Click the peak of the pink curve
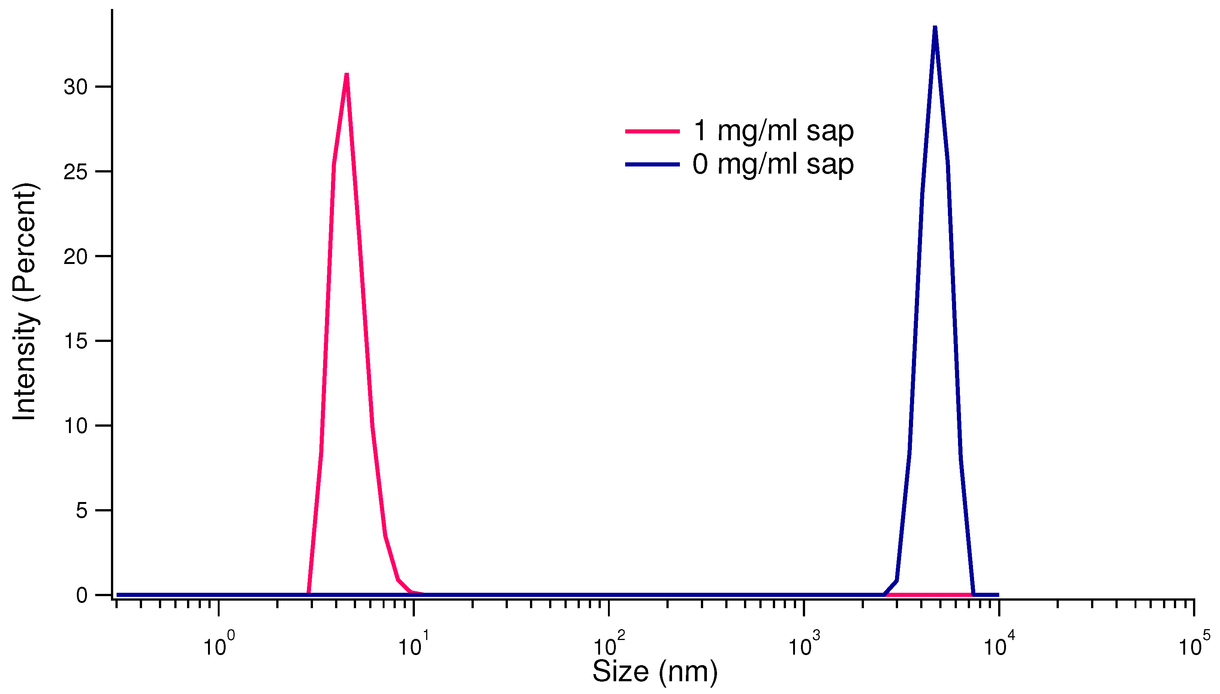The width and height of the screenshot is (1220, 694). pos(347,75)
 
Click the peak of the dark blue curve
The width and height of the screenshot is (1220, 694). pos(935,28)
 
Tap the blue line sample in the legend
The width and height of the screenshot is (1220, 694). pos(652,165)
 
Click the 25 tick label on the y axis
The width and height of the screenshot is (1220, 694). pos(76,172)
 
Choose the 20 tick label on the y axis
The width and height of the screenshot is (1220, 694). pos(76,256)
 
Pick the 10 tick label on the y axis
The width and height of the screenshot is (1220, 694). pos(76,426)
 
